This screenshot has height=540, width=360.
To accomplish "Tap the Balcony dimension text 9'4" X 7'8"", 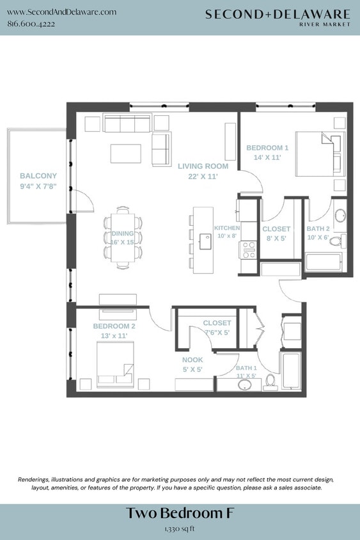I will [38, 187].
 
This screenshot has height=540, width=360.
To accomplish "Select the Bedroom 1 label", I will [267, 148].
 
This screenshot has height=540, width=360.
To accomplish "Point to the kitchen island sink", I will [206, 241].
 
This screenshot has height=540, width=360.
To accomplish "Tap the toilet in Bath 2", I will [342, 241].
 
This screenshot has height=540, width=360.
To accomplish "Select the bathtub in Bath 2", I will [324, 262].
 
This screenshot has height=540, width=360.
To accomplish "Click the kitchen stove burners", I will [248, 250].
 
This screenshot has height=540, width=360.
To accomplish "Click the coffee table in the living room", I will [125, 154].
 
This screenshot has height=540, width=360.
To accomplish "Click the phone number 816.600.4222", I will [31, 24].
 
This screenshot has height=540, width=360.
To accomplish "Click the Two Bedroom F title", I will [180, 513].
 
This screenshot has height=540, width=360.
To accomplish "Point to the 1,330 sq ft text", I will [180, 529].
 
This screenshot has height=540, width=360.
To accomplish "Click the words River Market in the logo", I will [325, 25].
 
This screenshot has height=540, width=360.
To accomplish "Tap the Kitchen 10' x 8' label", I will [226, 232].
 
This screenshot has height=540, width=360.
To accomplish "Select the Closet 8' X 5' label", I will [276, 233].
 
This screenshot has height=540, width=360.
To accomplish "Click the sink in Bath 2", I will [340, 216].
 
